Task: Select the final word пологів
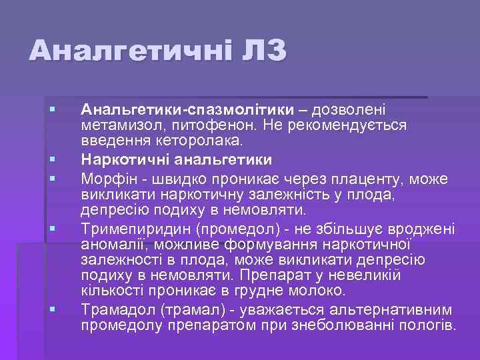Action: tap(430, 326)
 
